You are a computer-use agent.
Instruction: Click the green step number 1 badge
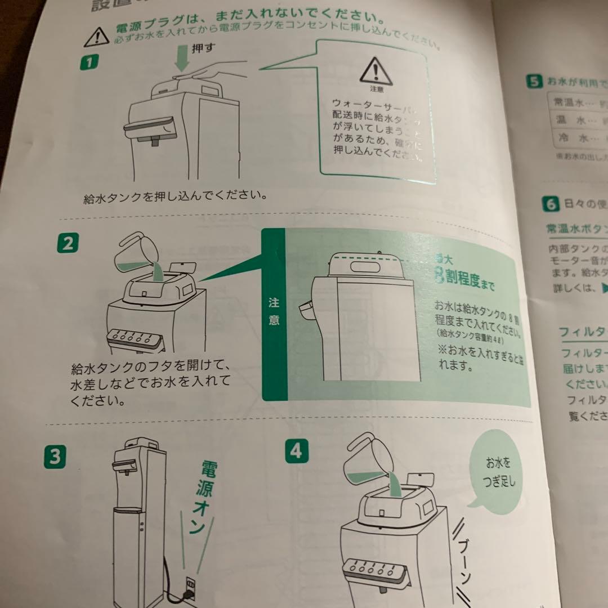(x=89, y=61)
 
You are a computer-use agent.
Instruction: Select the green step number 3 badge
(x=55, y=455)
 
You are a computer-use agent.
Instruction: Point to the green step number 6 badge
(x=550, y=204)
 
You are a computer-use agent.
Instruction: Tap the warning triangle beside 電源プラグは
(x=97, y=36)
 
